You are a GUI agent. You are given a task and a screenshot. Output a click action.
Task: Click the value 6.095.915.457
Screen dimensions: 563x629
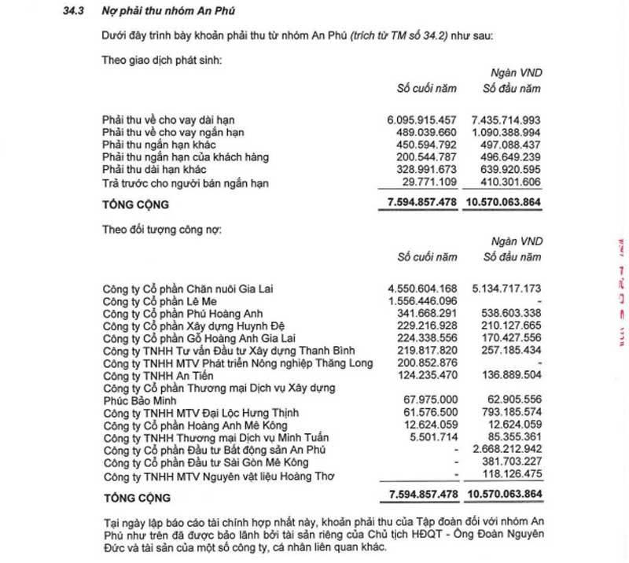421,119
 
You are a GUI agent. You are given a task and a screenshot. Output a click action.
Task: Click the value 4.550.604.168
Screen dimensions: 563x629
421,289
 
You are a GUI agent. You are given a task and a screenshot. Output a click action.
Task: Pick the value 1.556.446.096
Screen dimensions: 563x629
421,301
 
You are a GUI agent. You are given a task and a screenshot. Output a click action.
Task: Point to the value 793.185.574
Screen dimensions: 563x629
506,412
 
